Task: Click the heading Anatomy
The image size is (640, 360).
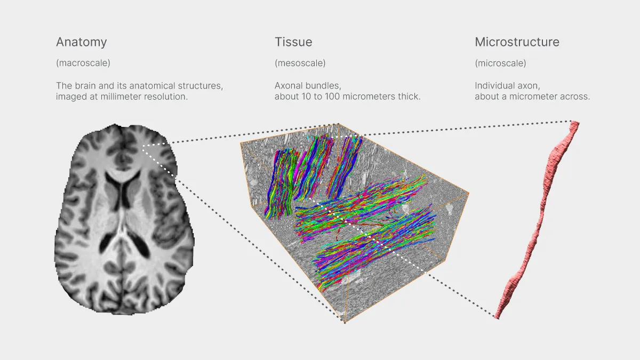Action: (81, 42)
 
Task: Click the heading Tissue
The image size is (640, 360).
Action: (293, 42)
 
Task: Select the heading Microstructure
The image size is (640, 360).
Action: (517, 42)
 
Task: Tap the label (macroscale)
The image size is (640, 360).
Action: (83, 63)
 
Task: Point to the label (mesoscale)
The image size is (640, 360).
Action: (300, 63)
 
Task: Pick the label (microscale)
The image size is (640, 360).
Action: (500, 63)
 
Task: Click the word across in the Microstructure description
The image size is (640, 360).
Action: (576, 97)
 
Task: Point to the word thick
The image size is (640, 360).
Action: (409, 97)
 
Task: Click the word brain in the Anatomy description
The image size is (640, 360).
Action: (85, 85)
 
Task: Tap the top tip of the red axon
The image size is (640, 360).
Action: (575, 124)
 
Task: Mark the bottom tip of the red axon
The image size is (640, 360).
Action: (498, 317)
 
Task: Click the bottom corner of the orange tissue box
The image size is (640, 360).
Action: (345, 322)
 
